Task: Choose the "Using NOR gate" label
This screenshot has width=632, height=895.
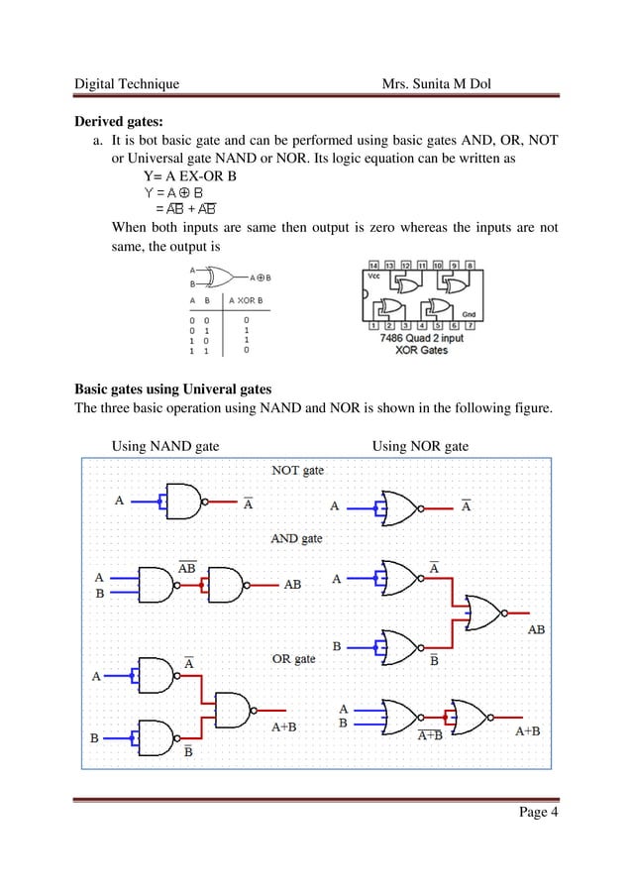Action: point(420,447)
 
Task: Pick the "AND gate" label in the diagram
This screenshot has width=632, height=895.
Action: point(296,539)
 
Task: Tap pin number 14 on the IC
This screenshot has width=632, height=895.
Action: point(372,266)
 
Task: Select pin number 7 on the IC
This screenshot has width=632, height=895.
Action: point(469,324)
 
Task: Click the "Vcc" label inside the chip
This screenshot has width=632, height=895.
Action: point(373,278)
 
